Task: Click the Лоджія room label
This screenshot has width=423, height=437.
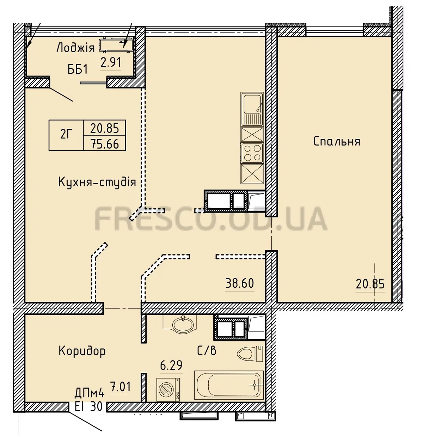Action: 75,48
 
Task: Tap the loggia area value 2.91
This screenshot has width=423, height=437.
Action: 111,62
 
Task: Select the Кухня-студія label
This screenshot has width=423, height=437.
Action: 97,182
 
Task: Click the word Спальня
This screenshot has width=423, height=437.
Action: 337,142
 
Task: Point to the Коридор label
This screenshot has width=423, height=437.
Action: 82,351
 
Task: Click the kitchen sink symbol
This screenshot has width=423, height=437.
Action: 252,109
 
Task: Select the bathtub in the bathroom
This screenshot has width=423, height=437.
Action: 229,385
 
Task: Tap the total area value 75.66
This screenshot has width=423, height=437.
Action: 105,144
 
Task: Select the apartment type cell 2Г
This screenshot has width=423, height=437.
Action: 66,135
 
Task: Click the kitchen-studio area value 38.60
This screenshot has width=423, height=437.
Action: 240,283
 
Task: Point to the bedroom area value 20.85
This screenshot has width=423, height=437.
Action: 370,284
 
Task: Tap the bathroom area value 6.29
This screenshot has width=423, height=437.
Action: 171,365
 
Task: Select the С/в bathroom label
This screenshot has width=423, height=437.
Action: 207,351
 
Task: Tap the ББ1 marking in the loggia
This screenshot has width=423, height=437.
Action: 78,70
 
